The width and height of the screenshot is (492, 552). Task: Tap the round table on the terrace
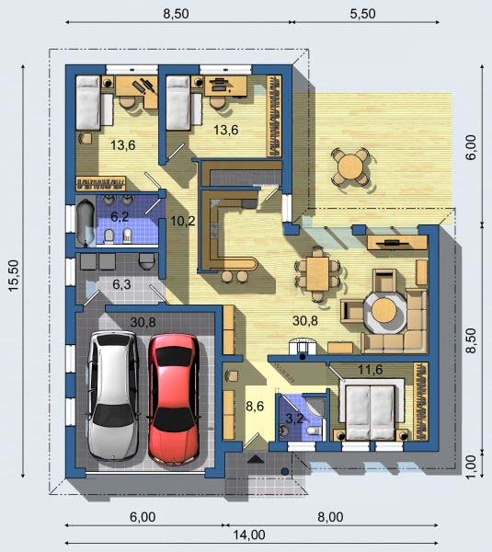(349, 166)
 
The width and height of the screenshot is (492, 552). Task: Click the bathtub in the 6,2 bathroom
(86, 222)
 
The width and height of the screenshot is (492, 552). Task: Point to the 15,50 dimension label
(14, 276)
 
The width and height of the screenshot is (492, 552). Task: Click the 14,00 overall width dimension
(249, 535)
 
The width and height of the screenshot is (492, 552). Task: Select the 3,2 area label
(294, 419)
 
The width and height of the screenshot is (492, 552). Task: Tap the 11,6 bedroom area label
(371, 370)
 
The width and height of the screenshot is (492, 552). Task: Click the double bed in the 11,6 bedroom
(371, 412)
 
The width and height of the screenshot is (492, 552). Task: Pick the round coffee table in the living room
(384, 311)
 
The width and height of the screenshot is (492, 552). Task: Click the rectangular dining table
(317, 274)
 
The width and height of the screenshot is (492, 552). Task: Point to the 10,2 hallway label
(183, 221)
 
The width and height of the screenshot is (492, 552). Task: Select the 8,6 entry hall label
(255, 406)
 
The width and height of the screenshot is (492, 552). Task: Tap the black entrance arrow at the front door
(256, 459)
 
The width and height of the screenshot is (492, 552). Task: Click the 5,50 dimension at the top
(363, 14)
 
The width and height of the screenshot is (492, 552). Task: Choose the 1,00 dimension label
(471, 466)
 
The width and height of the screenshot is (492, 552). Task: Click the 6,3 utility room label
(121, 284)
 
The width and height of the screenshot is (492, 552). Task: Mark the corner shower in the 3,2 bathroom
(316, 408)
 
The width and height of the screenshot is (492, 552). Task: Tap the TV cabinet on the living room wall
(397, 243)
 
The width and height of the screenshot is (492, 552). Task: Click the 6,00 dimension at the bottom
(143, 517)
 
